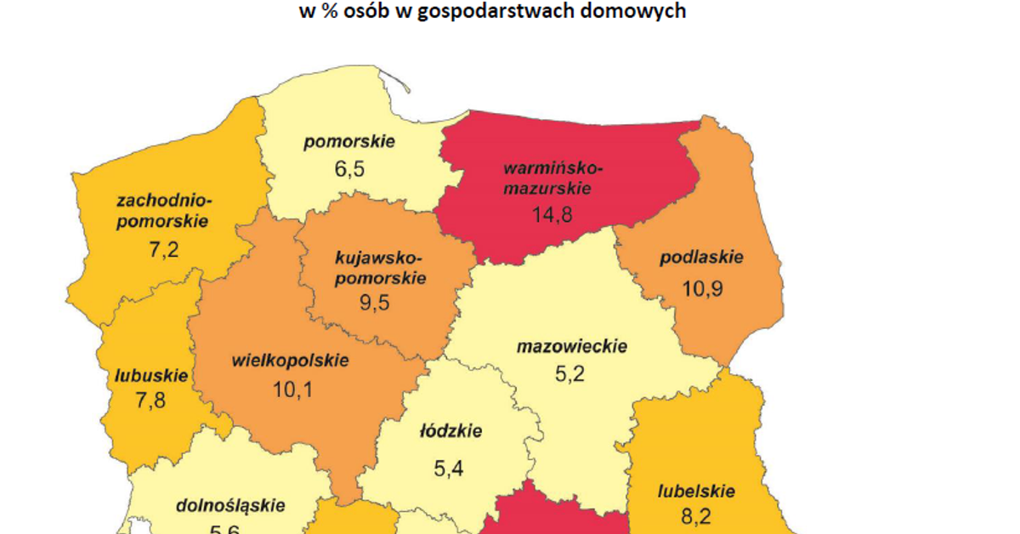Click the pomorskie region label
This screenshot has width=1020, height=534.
(349, 141)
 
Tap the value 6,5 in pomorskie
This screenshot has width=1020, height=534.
(349, 168)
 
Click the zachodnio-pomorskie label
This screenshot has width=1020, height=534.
(163, 211)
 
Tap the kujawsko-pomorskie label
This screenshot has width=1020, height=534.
(379, 267)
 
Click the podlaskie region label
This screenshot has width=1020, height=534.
(702, 257)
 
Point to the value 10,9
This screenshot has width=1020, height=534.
(702, 289)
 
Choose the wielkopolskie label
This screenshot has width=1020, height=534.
(290, 360)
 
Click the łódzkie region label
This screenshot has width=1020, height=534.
(450, 431)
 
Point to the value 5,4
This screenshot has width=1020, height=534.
(450, 469)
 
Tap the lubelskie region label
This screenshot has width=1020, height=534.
(696, 491)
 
